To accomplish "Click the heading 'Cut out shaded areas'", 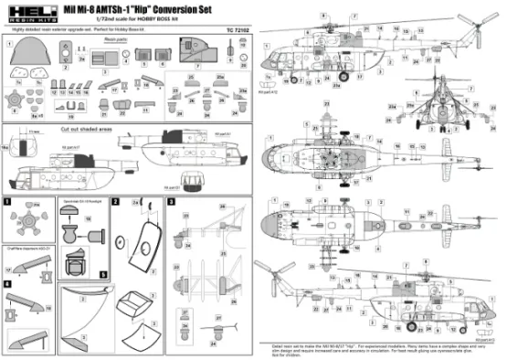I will point(88,131).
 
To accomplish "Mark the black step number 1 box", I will point(7,199).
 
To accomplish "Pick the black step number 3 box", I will point(172,199).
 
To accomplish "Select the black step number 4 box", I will point(7,284).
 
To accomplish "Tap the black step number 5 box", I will point(103,272).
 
